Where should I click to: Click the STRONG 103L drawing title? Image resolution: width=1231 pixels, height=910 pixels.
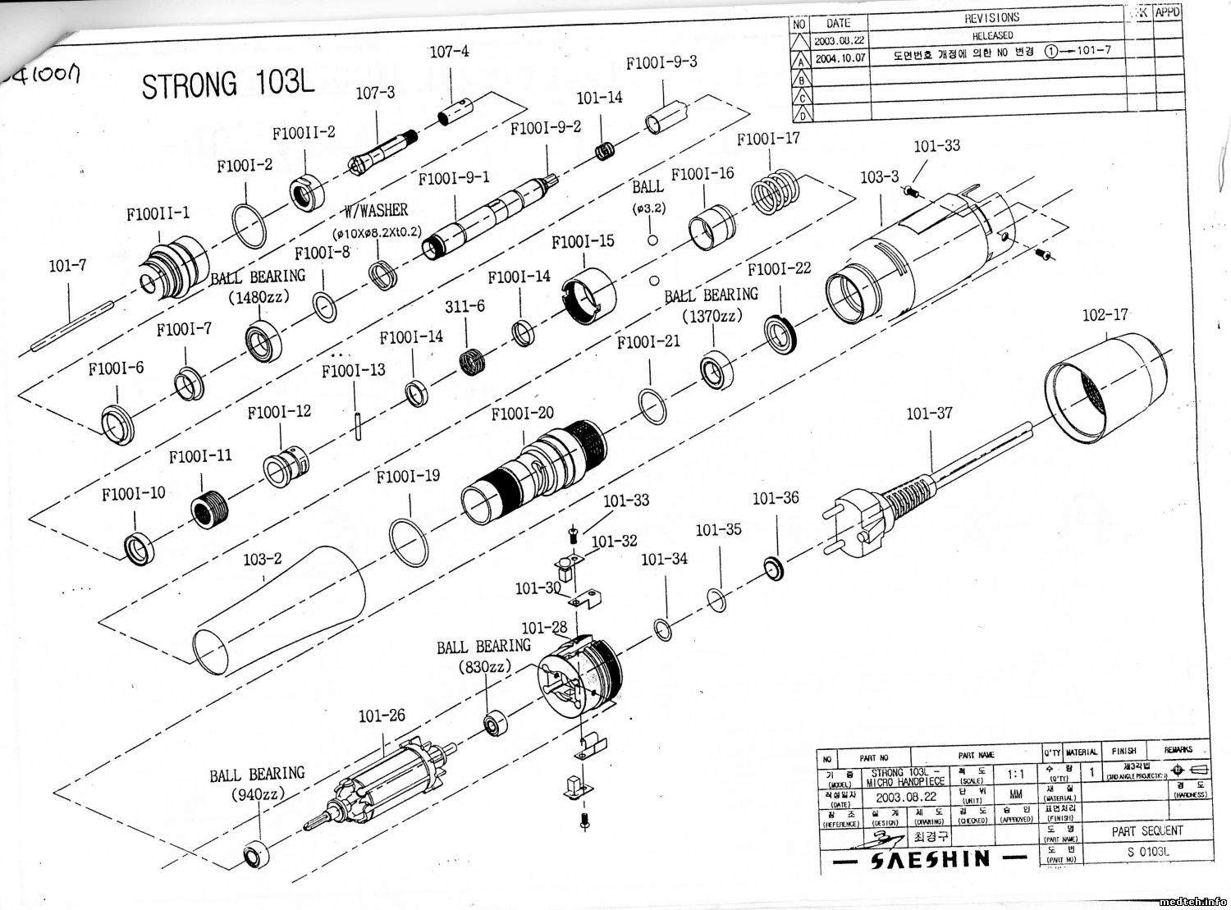227,85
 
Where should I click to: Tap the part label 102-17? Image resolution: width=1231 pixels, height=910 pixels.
1105,315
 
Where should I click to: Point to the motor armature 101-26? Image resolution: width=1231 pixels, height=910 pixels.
386,780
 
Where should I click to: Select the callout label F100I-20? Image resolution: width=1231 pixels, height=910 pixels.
522,414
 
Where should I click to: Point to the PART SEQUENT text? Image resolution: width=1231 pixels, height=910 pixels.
1147,831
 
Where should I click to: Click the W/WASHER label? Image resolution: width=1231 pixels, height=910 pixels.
376,211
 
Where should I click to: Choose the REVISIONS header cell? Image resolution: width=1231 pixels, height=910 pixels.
991,17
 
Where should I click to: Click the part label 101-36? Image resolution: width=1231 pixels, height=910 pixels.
776,498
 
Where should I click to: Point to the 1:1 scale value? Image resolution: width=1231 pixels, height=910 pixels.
1015,773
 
